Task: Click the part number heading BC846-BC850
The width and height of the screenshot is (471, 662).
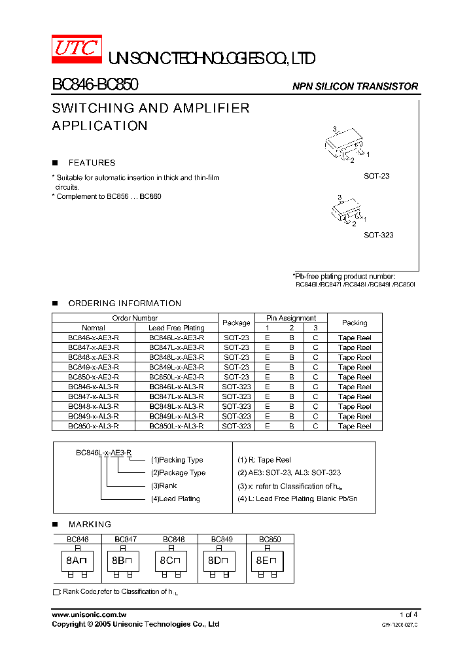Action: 94,85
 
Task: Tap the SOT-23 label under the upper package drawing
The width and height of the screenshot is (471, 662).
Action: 377,177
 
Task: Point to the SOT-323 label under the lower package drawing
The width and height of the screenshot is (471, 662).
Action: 379,235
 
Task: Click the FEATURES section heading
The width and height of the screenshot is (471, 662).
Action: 92,163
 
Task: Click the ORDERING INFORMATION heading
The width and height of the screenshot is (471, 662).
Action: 125,304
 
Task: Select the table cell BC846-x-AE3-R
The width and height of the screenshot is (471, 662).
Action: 94,338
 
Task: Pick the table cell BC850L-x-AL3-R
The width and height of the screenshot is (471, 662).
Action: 176,426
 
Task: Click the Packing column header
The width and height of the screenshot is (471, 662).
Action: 355,323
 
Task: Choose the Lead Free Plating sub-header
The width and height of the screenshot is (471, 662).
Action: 176,328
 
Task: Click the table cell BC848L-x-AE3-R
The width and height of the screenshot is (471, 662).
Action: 176,357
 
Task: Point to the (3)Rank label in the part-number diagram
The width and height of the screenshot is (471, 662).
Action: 164,486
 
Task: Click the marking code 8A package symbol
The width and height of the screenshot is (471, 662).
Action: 77,561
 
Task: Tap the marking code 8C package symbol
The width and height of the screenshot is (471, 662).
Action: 173,561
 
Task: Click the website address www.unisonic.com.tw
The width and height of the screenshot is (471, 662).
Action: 89,615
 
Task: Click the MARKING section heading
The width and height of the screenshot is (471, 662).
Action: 90,525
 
